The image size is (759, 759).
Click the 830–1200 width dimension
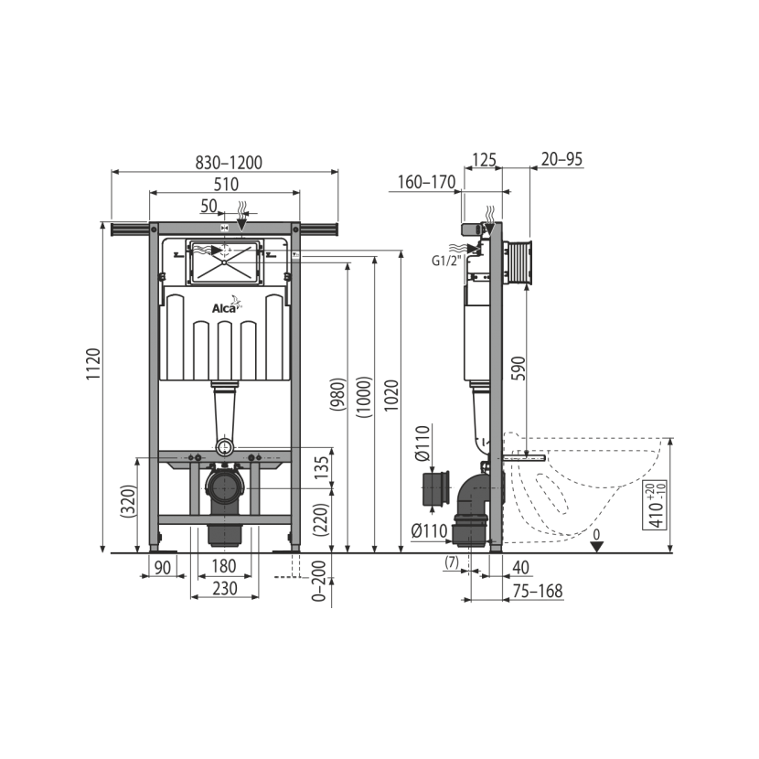229,163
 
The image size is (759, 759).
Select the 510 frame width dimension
226,185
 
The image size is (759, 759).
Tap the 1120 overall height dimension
93,364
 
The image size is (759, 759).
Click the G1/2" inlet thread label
446,261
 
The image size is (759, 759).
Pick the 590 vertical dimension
518,368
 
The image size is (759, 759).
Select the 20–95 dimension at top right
561,159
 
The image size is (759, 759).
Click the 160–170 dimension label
426,182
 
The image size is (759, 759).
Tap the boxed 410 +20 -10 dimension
655,505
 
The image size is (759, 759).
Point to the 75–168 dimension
538,591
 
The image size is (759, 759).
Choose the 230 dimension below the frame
225,589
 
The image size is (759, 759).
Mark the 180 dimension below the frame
224,566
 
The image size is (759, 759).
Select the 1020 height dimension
391,396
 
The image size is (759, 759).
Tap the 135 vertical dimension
321,468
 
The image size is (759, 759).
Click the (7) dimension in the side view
451,562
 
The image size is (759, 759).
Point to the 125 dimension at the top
484,159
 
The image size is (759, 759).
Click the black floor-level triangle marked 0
597,547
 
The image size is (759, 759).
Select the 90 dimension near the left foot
163,567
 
